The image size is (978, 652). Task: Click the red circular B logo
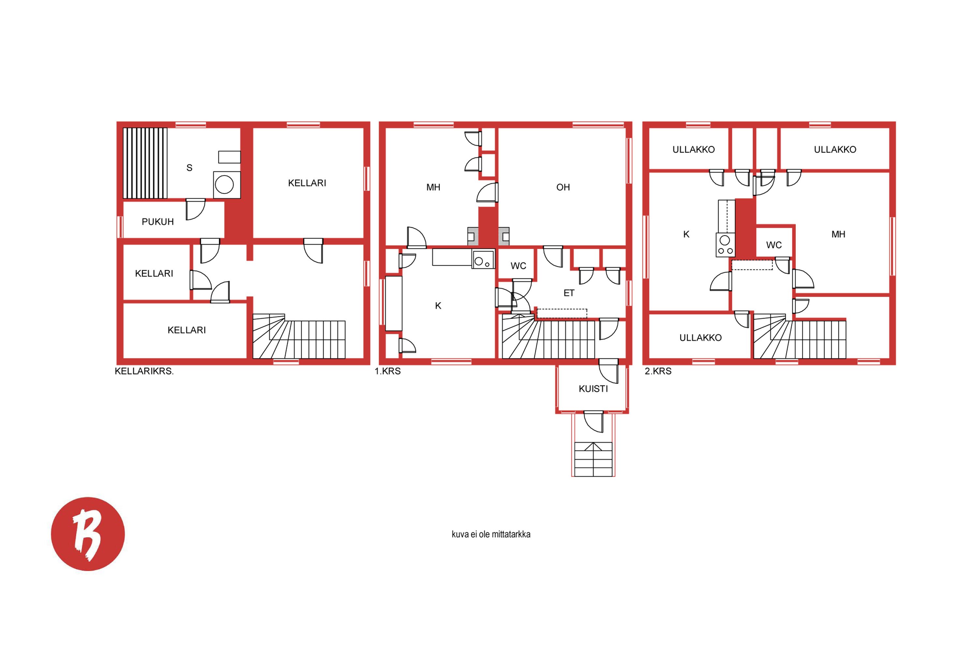click(x=88, y=534)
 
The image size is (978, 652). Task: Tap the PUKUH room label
click(x=157, y=222)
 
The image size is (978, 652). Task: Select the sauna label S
click(x=189, y=168)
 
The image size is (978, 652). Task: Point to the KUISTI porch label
click(x=593, y=389)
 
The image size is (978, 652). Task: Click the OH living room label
click(x=563, y=187)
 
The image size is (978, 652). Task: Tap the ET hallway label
click(x=569, y=293)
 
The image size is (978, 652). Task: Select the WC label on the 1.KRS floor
click(x=519, y=266)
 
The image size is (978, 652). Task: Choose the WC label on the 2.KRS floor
click(x=774, y=245)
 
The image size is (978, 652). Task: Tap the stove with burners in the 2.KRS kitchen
click(x=725, y=244)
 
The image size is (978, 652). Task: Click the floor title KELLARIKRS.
click(x=144, y=371)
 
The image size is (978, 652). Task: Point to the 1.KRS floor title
click(x=388, y=371)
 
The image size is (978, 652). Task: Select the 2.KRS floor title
click(x=658, y=371)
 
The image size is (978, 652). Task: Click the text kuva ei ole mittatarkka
click(x=491, y=534)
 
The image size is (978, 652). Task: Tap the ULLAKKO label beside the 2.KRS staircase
click(x=700, y=338)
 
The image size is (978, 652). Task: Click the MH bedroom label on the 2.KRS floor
click(x=838, y=234)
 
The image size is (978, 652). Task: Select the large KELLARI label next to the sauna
click(x=307, y=183)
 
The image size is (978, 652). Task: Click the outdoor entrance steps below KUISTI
click(x=593, y=459)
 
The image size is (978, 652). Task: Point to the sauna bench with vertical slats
click(x=145, y=163)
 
